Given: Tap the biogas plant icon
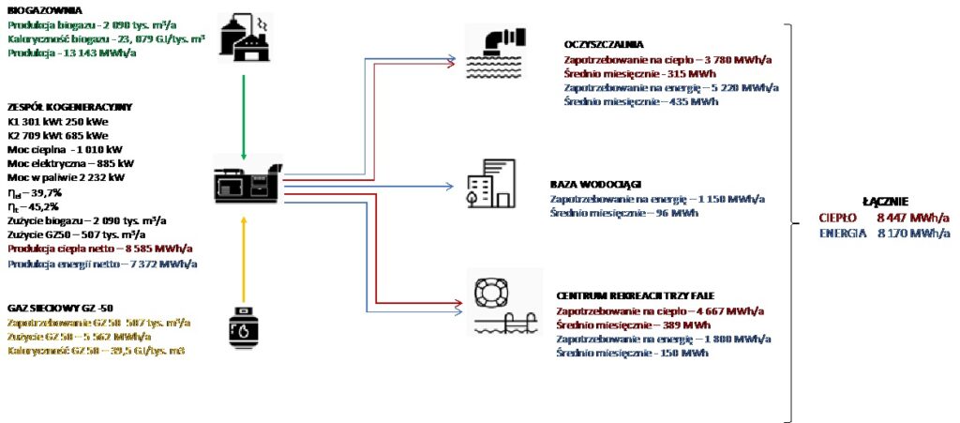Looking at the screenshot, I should tap(243, 37).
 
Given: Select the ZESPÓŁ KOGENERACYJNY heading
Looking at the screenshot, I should tap(67, 107).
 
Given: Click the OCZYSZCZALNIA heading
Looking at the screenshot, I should tap(604, 44).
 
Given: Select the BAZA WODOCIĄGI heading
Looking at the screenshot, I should tap(596, 184).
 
